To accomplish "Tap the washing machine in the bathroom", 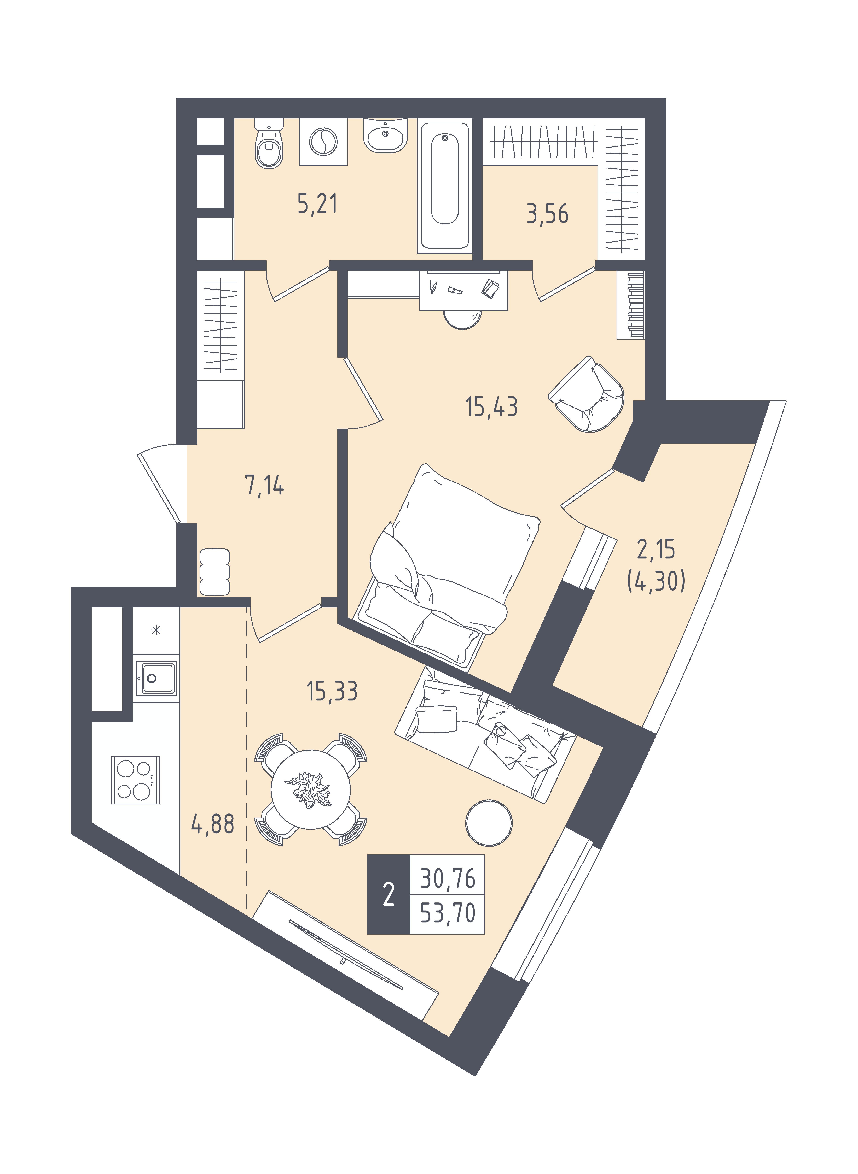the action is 323,141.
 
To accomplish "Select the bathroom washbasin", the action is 385,135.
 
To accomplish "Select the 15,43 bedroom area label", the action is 491,407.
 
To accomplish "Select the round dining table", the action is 310,789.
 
